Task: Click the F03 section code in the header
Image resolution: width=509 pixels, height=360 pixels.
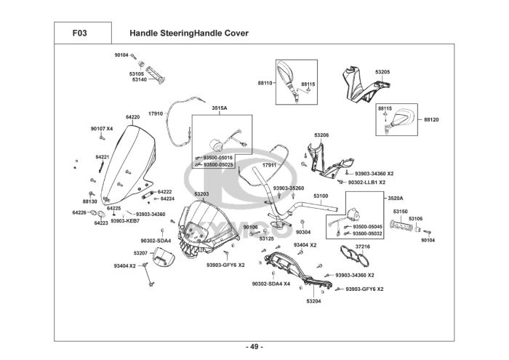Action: coord(81,33)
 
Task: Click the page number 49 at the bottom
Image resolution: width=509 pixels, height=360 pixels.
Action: coord(254,345)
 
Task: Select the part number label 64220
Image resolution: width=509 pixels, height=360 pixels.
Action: coord(132,116)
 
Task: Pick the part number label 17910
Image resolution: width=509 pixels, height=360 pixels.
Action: coord(156,113)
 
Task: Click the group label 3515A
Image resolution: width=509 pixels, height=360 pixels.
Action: coord(220,108)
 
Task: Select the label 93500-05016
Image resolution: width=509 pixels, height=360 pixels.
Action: coord(218,158)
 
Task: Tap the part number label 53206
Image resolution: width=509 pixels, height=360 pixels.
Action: coord(321,135)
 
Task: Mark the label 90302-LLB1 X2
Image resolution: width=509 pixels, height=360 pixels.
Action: coord(366,183)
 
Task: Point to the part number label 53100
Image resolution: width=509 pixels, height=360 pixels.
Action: coord(321,196)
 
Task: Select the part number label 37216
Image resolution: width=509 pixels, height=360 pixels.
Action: coord(363,247)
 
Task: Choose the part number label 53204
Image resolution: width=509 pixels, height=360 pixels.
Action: coord(313,300)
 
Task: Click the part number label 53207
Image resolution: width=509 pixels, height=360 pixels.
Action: coord(140,252)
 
